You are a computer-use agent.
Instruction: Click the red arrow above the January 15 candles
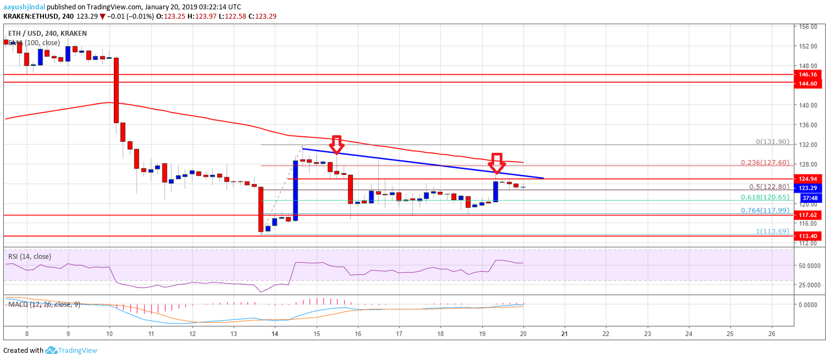coord(337,144)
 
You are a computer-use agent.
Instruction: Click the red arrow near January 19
coord(497,163)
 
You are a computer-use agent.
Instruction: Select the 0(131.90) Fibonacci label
coord(772,141)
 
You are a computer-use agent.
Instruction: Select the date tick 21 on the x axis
coord(565,333)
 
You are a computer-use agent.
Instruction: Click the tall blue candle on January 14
coord(295,190)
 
